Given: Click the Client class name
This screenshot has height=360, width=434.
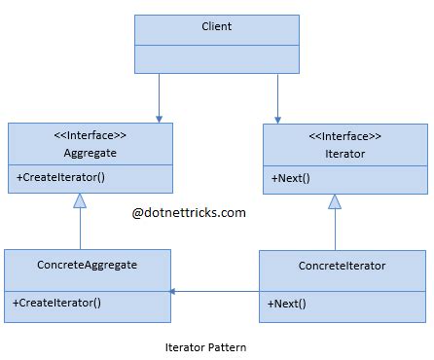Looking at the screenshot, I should click(x=217, y=26).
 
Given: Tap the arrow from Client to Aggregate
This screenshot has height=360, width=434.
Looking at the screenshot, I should click(x=159, y=98).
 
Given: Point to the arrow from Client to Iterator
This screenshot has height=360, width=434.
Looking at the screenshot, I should click(x=278, y=98).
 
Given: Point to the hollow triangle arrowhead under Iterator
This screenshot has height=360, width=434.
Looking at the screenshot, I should click(x=335, y=200).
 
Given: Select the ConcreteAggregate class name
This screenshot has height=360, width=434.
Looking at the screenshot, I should click(x=87, y=266).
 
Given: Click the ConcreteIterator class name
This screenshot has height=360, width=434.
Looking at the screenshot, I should click(x=342, y=266).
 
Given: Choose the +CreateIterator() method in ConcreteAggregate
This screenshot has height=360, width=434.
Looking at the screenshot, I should click(x=57, y=303).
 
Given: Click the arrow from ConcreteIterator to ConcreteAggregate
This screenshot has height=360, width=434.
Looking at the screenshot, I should click(x=214, y=291).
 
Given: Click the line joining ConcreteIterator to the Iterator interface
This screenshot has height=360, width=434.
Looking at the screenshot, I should click(x=335, y=230).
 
